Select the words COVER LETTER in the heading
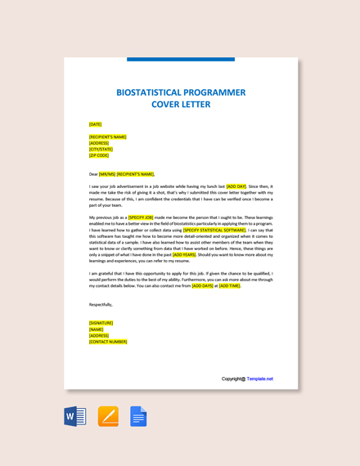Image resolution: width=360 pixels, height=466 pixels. coord(181,105)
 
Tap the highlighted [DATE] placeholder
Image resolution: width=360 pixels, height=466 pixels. coord(96,124)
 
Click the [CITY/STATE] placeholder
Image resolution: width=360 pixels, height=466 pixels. coord(101,149)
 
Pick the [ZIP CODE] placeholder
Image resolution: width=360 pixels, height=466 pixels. coord(99,155)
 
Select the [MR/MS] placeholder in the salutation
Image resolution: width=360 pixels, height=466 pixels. coord(107,174)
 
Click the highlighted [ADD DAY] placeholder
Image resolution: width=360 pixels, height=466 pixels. coord(236,186)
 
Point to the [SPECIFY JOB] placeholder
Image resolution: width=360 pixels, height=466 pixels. coord(141,217)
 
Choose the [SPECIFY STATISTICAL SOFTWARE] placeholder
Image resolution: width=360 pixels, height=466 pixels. coord(215,231)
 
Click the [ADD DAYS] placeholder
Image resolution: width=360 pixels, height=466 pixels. coord(202,286)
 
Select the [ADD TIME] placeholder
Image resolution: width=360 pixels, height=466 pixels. coord(229,286)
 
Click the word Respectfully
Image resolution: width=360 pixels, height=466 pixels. coord(101,304)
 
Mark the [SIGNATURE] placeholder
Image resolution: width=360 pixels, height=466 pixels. coord(101,323)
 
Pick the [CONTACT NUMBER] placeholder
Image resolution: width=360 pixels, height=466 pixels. coord(108,342)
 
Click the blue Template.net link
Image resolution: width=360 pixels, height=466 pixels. coord(260,379)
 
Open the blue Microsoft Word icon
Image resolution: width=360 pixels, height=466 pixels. coord(75,416)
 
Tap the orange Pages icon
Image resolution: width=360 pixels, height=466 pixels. coord(108,416)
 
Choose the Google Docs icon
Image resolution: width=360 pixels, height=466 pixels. coord(138,416)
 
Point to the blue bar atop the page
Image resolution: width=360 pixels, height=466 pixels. coord(181,59)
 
